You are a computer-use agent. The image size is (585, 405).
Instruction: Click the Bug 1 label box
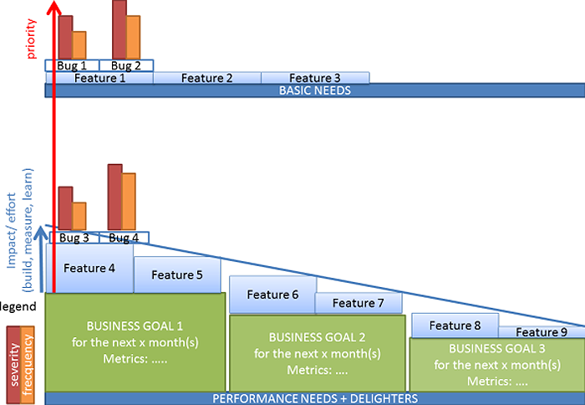(x=73, y=65)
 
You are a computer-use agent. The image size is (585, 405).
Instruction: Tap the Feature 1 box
(x=100, y=78)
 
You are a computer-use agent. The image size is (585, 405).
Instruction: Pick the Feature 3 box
(x=314, y=78)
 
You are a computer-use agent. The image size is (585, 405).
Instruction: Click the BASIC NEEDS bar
(x=315, y=90)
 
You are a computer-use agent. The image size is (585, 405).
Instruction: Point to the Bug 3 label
(x=74, y=238)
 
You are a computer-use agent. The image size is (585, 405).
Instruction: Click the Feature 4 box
(x=89, y=269)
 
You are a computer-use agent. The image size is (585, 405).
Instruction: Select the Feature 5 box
(x=177, y=275)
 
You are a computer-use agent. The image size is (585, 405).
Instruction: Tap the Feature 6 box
(x=272, y=295)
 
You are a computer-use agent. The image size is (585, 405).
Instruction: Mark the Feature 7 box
(x=358, y=303)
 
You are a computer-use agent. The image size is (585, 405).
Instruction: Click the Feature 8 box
(x=454, y=326)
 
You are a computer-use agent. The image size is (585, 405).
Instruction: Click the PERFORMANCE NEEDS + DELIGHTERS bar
(x=315, y=398)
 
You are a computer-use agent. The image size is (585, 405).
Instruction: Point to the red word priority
(x=32, y=42)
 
